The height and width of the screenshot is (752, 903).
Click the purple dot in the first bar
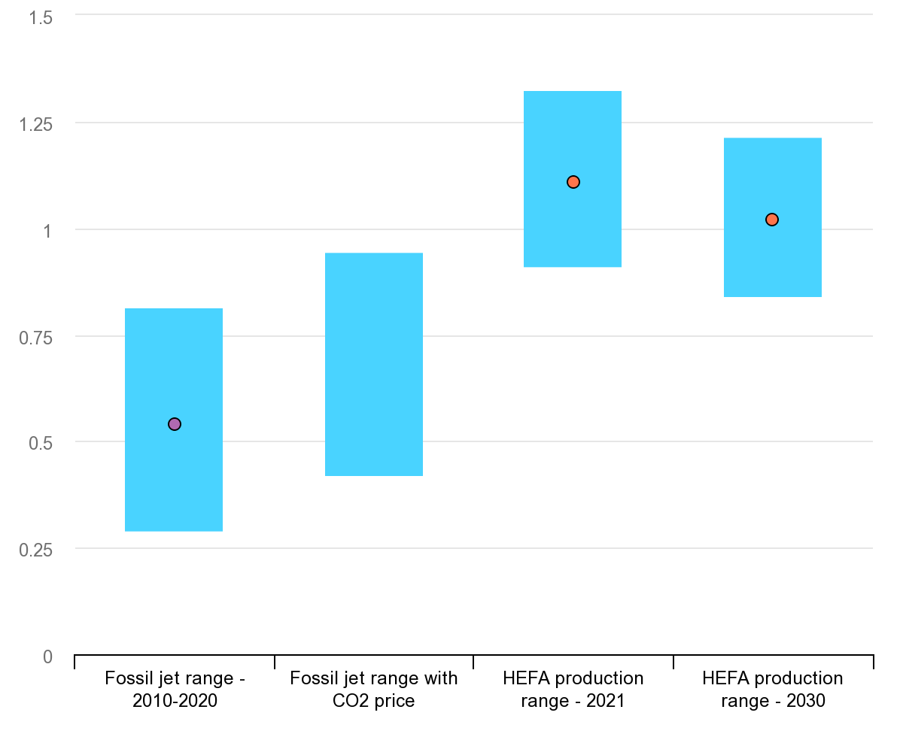click(175, 424)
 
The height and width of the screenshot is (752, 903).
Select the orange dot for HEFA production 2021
click(573, 182)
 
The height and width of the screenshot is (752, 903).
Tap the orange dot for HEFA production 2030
click(772, 220)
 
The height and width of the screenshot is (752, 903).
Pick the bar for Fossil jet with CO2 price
click(374, 365)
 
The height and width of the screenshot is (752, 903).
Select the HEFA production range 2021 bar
click(573, 226)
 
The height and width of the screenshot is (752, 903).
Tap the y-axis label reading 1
click(47, 231)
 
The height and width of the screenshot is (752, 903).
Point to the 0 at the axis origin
click(48, 657)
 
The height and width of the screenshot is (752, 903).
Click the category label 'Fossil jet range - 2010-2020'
click(175, 690)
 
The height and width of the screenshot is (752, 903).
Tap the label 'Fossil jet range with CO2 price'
click(374, 690)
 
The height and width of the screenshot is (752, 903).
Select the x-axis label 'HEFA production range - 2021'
click(573, 690)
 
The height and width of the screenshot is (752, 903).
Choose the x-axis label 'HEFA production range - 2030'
click(773, 690)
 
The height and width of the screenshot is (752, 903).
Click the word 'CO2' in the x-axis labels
click(350, 702)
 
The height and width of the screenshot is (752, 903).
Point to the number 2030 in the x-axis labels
click(807, 702)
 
